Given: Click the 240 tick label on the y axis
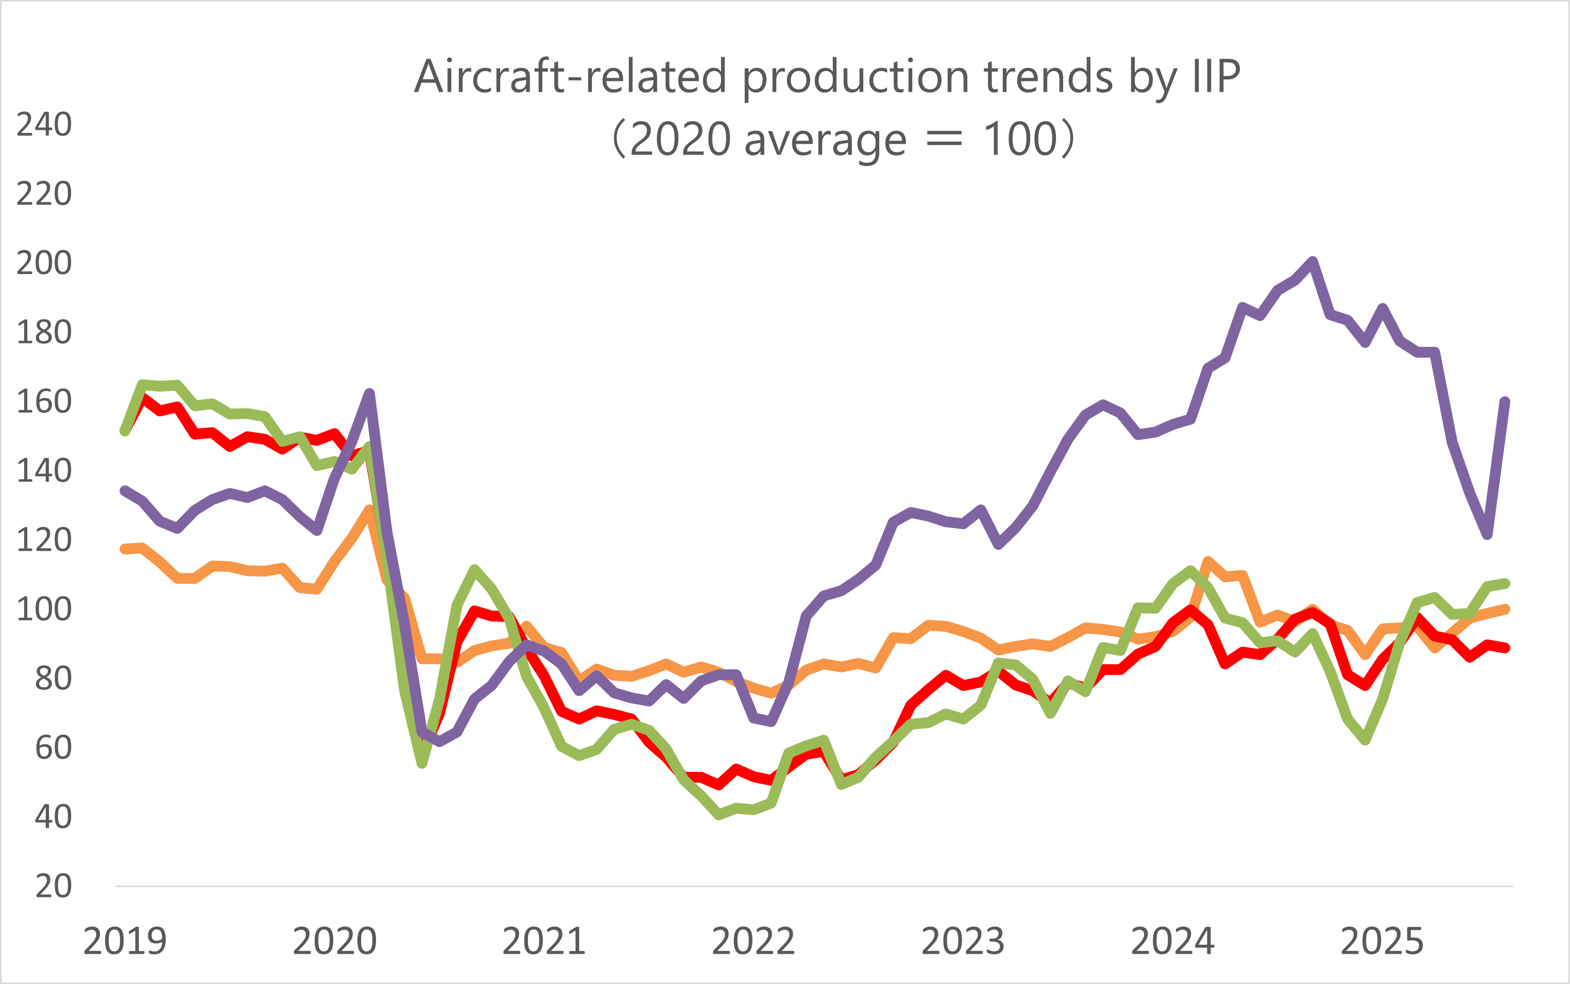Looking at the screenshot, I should (x=44, y=124).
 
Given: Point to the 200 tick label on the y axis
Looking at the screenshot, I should (x=44, y=263).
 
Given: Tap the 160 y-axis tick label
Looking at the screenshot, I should (x=44, y=401).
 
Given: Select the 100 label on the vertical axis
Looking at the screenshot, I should (x=44, y=609).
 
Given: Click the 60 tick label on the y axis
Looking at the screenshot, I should (x=54, y=748).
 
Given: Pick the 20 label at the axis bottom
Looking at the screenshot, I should (x=54, y=887).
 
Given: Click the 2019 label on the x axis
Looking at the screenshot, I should (x=125, y=941).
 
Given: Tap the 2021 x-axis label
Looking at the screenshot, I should (x=544, y=941).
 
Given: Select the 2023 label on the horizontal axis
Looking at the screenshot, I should (x=963, y=941).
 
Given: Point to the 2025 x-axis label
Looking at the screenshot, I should (x=1382, y=941).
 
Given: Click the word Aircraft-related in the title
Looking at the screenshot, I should (x=570, y=77).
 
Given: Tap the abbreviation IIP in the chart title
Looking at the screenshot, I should (x=1216, y=77).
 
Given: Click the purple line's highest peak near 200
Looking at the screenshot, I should (x=1313, y=262).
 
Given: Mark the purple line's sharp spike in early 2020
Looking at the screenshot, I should (x=369, y=393).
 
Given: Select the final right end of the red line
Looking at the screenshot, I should (x=1506, y=648).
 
